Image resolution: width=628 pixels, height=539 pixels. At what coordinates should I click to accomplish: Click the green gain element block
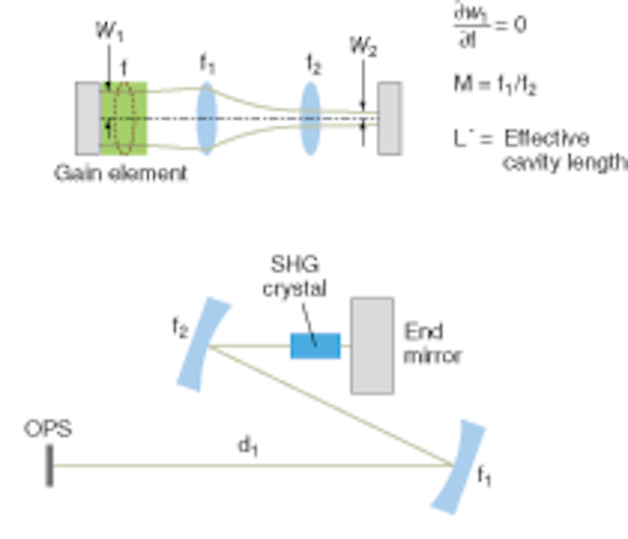(124, 119)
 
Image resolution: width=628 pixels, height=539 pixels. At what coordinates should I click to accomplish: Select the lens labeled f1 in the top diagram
(207, 119)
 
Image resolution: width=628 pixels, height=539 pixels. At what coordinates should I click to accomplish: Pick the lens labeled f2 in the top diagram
(310, 119)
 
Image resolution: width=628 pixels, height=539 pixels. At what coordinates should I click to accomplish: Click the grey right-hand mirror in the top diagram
(390, 119)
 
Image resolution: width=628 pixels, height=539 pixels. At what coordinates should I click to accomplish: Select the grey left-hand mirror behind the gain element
(87, 119)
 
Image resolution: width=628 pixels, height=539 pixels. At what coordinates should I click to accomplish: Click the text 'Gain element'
(121, 174)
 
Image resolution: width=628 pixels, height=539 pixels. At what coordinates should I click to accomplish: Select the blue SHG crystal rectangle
(315, 346)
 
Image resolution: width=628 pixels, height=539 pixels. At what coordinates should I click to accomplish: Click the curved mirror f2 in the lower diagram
(193, 346)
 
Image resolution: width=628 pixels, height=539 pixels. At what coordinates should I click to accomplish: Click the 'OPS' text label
(47, 429)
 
